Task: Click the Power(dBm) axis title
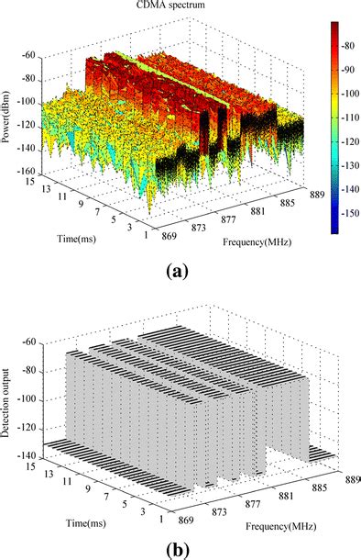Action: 9,119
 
